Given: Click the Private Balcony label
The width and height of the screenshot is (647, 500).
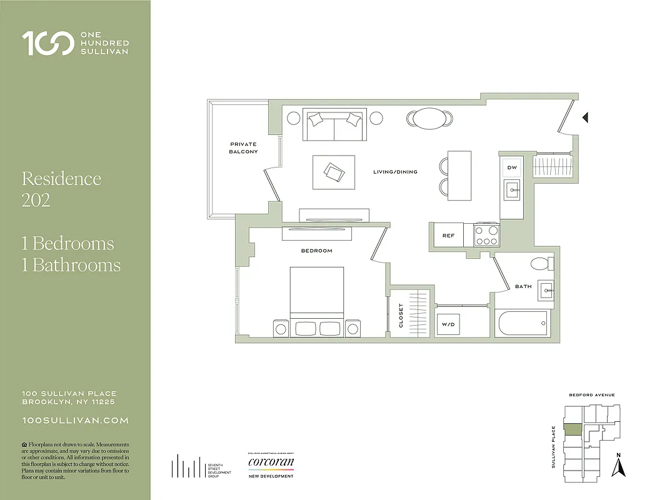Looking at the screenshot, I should (243, 148).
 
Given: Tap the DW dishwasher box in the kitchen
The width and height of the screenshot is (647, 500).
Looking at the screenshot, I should (512, 167).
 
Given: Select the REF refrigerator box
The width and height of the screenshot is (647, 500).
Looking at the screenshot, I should (448, 236).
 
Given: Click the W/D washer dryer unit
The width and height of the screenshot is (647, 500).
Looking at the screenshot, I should (448, 324).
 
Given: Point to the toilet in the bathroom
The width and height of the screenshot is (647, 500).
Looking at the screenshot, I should (539, 262).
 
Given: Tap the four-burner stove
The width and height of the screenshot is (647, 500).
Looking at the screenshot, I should (486, 235).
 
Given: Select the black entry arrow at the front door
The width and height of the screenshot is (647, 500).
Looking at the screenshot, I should (585, 117).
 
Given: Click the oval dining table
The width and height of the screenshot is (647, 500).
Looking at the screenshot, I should (429, 119).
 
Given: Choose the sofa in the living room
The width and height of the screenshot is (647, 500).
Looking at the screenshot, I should (334, 125).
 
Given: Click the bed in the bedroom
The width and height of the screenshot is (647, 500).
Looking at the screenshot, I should (316, 297).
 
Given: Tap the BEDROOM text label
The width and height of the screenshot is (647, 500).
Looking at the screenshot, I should (316, 251).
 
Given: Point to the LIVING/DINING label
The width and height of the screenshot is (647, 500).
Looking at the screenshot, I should (395, 172).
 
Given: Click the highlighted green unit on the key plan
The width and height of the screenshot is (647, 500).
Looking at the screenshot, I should (573, 429).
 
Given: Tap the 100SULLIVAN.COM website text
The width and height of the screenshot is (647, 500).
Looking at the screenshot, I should (75, 421).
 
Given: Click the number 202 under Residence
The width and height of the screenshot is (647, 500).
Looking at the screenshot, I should (36, 200).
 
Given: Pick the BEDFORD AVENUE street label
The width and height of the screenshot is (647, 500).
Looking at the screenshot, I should (591, 395).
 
